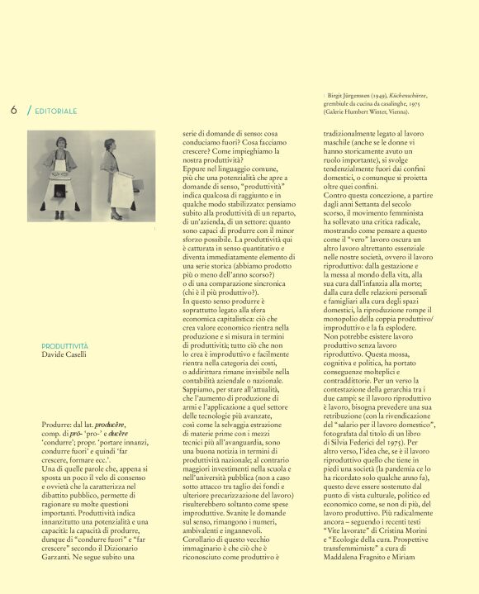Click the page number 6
point(14,109)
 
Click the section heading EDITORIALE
point(56,111)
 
